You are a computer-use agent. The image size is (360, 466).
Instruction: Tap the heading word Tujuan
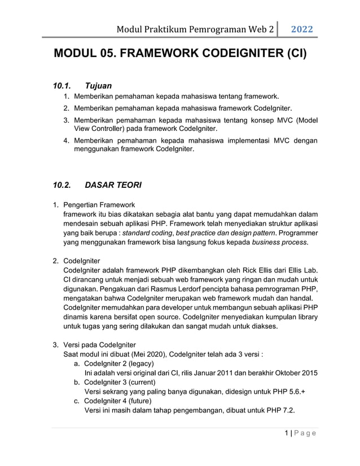point(98,86)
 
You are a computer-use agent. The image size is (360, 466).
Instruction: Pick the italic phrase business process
point(280,242)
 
